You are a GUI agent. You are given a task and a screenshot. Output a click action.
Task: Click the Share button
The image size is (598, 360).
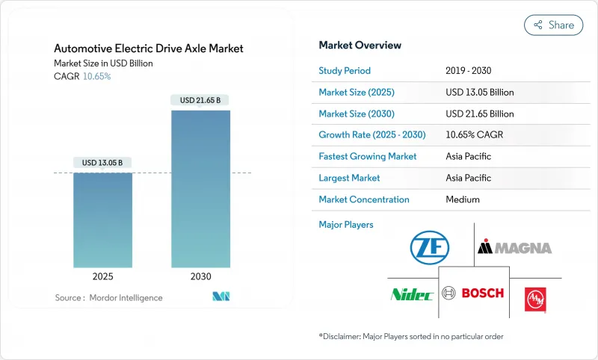pyautogui.click(x=554, y=25)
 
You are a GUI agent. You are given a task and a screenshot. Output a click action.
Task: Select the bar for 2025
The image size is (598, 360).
pyautogui.click(x=102, y=220)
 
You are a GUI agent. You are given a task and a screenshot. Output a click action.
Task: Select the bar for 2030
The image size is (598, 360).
pyautogui.click(x=200, y=190)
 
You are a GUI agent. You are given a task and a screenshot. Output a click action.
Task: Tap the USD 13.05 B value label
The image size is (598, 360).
pyautogui.click(x=102, y=163)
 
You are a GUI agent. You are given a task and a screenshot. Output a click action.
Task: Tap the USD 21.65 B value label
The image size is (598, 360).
pyautogui.click(x=200, y=100)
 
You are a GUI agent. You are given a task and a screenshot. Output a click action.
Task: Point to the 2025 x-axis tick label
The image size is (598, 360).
pyautogui.click(x=102, y=276)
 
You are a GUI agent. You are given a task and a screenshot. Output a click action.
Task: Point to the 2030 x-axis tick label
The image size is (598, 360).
pyautogui.click(x=200, y=276)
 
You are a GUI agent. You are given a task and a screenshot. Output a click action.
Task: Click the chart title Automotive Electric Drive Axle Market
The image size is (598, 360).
pyautogui.click(x=149, y=49)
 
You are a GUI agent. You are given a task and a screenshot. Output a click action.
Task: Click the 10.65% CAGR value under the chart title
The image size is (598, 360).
pyautogui.click(x=96, y=76)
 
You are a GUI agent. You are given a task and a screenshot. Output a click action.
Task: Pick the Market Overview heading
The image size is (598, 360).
pyautogui.click(x=360, y=46)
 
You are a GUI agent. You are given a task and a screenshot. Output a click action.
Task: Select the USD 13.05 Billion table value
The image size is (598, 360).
pyautogui.click(x=479, y=93)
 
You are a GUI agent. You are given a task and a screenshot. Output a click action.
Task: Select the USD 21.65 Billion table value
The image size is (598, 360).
pyautogui.click(x=479, y=114)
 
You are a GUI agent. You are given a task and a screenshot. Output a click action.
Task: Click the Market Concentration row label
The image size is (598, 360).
pyautogui.click(x=364, y=199)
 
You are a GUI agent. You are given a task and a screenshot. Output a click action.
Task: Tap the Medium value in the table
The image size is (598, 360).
pyautogui.click(x=462, y=199)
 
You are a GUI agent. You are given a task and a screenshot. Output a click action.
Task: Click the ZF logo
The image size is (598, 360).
pyautogui.click(x=430, y=246)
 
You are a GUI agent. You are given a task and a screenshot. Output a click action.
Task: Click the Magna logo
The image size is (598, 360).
pyautogui.click(x=514, y=247)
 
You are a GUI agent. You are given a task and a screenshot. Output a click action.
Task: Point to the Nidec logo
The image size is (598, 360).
pyautogui.click(x=412, y=294)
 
